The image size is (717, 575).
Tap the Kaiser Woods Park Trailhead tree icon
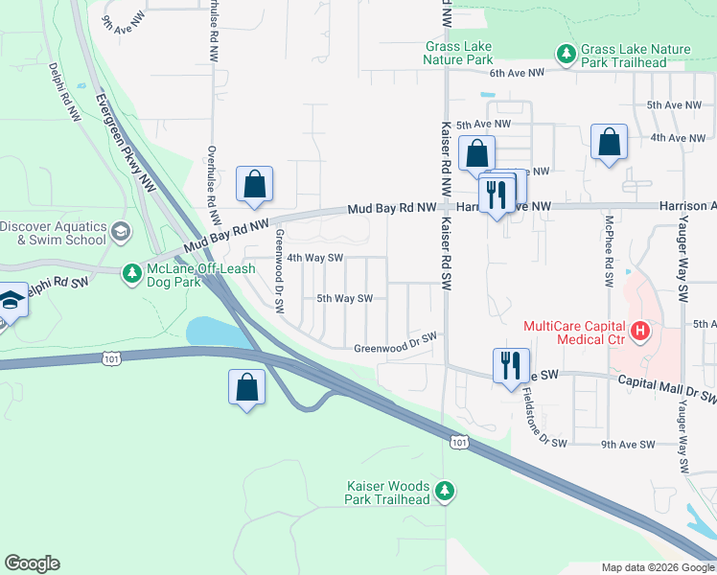coord(444,492)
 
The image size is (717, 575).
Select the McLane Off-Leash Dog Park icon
coord(132,275)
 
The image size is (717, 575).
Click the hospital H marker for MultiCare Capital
coord(639,333)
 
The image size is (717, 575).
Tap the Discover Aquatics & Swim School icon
coord(121,231)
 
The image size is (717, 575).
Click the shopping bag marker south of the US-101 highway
coord(247,387)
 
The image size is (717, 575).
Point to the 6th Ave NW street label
coord(517,73)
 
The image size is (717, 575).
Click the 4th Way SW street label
coord(315,257)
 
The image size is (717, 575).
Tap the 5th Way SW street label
coord(344,298)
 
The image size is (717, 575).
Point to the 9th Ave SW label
coord(627,444)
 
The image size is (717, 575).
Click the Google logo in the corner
coord(32,563)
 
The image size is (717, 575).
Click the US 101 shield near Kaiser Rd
coord(459,440)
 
